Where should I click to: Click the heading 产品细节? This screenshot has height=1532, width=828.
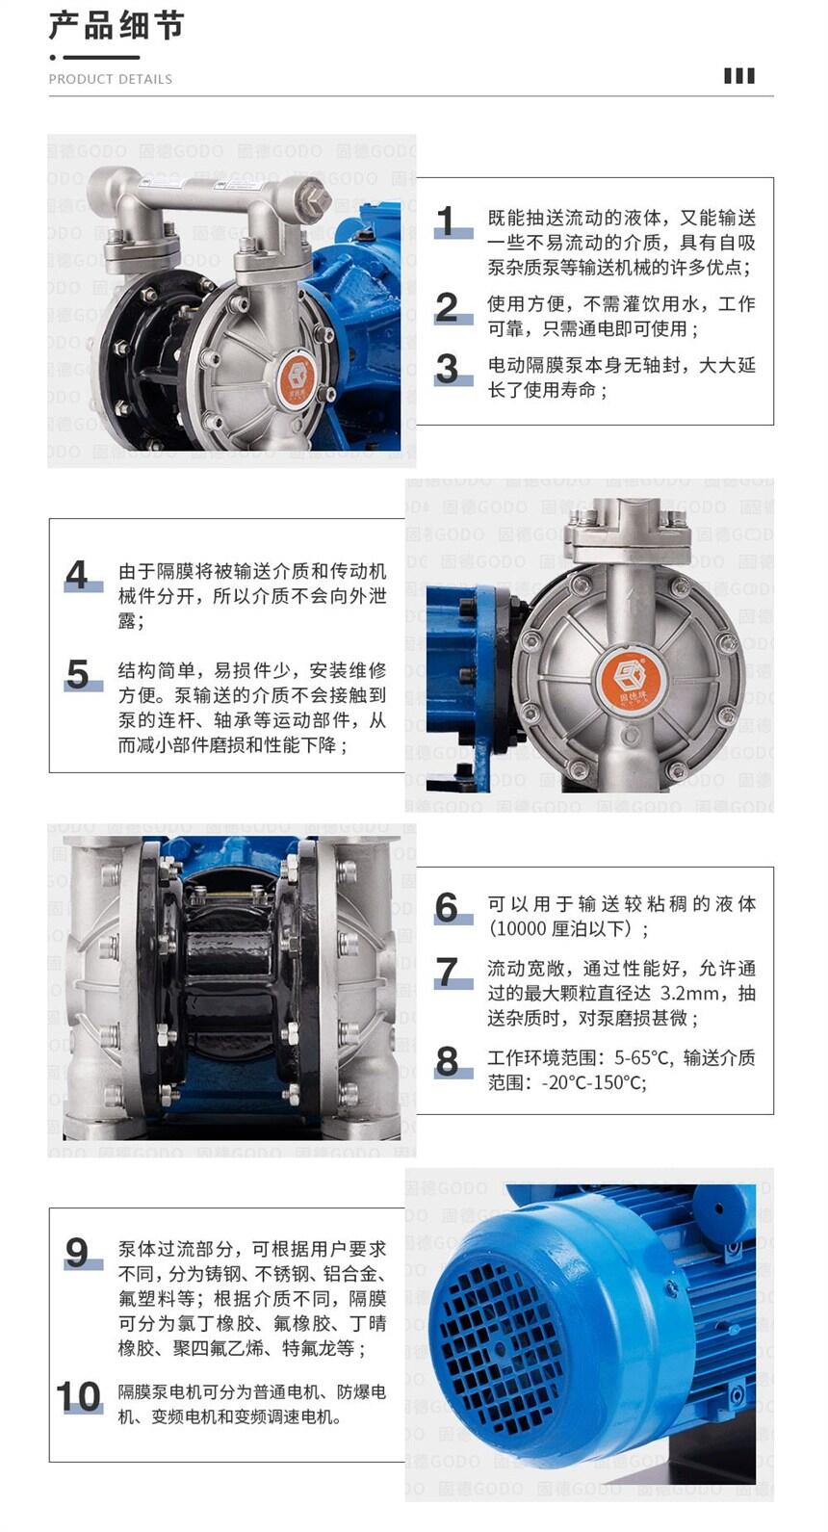click(116, 26)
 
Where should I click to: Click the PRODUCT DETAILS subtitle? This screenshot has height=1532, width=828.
click(110, 79)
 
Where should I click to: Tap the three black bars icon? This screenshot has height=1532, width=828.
click(739, 76)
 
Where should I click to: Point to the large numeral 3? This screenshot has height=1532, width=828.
click(447, 370)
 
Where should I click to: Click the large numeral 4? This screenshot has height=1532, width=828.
click(77, 575)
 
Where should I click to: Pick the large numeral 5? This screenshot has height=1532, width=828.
click(77, 674)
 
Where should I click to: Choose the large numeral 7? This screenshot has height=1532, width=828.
click(447, 972)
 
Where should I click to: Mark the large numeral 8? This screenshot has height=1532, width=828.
click(447, 1061)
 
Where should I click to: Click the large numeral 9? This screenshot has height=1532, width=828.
click(77, 1253)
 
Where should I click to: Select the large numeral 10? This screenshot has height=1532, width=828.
click(79, 1396)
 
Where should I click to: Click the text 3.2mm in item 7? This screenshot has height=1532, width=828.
click(689, 993)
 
